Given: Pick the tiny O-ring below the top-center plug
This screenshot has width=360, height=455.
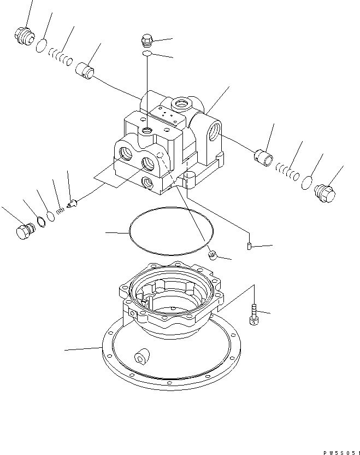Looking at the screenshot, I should tap(146, 54).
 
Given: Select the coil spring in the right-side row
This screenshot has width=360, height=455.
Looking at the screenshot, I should tap(286, 171).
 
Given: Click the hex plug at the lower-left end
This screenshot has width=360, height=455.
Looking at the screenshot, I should tap(23, 231).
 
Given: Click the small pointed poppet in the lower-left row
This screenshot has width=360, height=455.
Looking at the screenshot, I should tap(72, 205).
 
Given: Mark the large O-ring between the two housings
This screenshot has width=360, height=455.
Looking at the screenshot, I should tap(170, 231).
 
